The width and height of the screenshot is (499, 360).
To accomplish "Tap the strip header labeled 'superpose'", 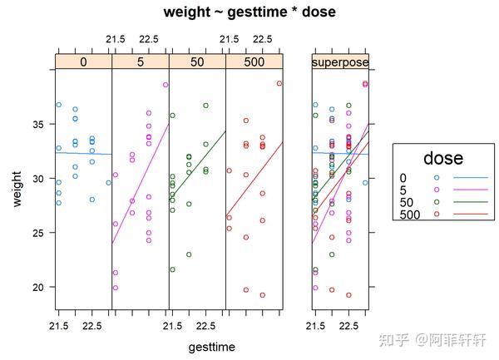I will (x=340, y=62).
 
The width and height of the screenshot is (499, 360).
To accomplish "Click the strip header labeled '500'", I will (x=254, y=62).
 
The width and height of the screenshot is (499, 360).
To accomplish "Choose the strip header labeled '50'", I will (x=197, y=62).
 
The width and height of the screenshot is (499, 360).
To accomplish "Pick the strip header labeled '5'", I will (x=140, y=62).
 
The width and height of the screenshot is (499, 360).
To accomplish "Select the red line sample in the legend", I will (x=470, y=215).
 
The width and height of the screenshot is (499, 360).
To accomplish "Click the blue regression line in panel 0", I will (x=83, y=154).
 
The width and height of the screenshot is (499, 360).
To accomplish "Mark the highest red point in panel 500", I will (x=279, y=83).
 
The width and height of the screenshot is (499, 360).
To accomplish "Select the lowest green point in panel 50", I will (x=172, y=269).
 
